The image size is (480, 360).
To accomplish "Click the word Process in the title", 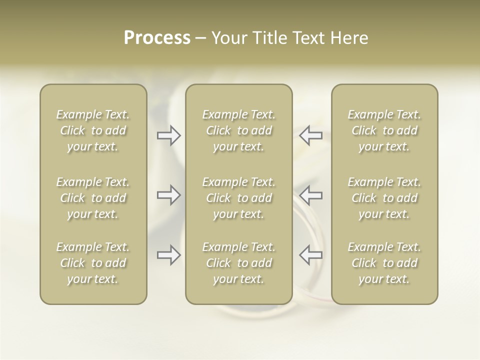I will [x=157, y=38].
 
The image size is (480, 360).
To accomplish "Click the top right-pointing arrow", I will [x=168, y=135].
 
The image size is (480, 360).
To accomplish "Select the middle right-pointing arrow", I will [x=168, y=195].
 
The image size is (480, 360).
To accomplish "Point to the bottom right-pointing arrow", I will [x=168, y=255].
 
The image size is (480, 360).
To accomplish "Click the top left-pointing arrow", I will [x=310, y=135].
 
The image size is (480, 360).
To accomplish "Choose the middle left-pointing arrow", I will [x=310, y=195].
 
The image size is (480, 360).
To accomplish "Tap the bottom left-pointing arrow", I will [x=310, y=255].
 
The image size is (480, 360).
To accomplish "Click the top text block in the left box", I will [x=93, y=130].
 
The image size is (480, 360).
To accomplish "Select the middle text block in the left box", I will [x=93, y=198].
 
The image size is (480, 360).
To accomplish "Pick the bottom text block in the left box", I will [x=93, y=263].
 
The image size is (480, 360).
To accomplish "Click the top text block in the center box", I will [x=239, y=130].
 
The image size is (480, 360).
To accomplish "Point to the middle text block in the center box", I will [x=239, y=198].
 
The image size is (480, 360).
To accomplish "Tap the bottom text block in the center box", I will [x=239, y=263].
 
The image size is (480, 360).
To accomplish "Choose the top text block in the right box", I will [x=384, y=130].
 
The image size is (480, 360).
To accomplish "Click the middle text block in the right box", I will [x=384, y=198].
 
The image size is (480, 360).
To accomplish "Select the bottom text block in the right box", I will [x=384, y=263].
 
